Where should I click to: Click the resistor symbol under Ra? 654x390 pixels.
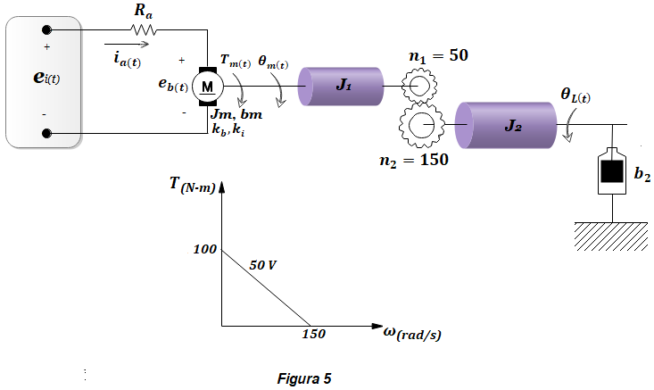pos(143,29)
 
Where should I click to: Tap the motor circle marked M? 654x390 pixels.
pos(208,87)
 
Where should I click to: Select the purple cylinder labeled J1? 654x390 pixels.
pos(340,87)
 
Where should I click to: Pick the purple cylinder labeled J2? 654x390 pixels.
pos(506,125)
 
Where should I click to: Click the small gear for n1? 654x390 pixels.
pos(419,86)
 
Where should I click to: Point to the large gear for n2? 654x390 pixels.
pos(422,125)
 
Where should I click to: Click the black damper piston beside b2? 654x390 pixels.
pos(612,171)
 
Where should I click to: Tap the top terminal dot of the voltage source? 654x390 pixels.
pos(46,29)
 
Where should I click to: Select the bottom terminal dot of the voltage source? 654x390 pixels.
pos(46,133)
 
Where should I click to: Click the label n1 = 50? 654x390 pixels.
pos(438,56)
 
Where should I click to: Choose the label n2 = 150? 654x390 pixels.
pos(414,160)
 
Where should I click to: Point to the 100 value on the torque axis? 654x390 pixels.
pos(205,249)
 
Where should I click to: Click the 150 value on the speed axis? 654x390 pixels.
pos(314,334)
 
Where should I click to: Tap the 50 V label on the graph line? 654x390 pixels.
pos(263,265)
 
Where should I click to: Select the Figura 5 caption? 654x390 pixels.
pos(304,378)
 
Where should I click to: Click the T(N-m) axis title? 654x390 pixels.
pos(193,185)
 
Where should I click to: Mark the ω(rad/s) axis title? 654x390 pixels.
pos(412,333)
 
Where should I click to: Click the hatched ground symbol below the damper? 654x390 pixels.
pos(611,236)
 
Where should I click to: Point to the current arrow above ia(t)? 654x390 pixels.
pos(127,44)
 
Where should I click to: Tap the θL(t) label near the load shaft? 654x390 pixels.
pos(575,95)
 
